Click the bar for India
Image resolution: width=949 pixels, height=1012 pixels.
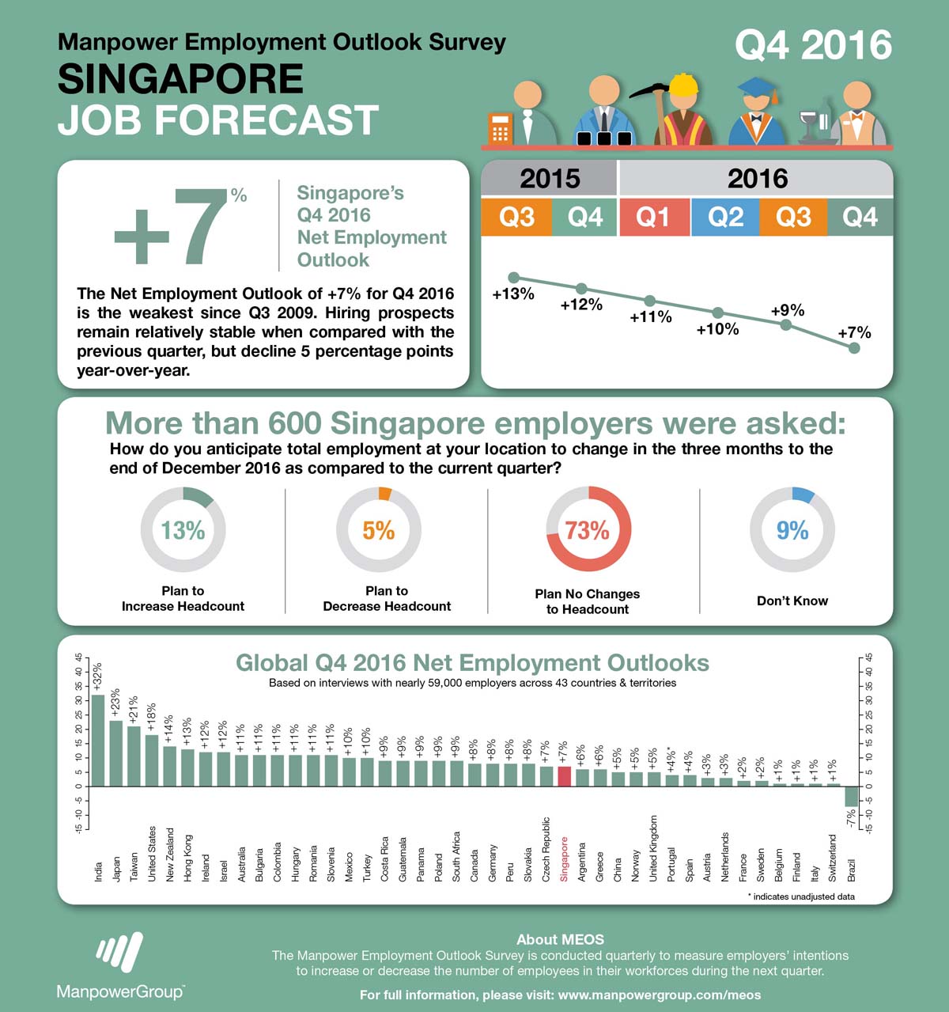[x=98, y=740]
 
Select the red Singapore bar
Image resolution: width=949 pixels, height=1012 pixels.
[x=564, y=776]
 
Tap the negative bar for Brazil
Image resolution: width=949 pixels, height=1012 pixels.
[x=851, y=796]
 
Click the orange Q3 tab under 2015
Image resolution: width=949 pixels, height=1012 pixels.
[x=516, y=217]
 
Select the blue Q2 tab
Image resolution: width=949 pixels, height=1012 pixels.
[x=725, y=217]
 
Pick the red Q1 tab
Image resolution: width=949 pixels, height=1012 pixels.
[x=654, y=217]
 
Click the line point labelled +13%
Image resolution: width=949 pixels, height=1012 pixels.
[x=514, y=278]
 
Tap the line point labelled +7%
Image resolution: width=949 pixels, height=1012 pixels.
[x=854, y=347]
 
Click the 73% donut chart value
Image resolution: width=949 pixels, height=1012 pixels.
[x=588, y=529]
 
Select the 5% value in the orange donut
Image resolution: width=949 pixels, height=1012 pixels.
[x=379, y=529]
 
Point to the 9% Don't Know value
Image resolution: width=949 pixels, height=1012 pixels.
[x=792, y=529]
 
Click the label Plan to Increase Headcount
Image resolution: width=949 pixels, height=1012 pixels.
[x=183, y=598]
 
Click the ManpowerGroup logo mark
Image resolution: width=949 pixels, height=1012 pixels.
[x=119, y=950]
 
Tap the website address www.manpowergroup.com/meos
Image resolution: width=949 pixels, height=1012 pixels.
[x=660, y=995]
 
